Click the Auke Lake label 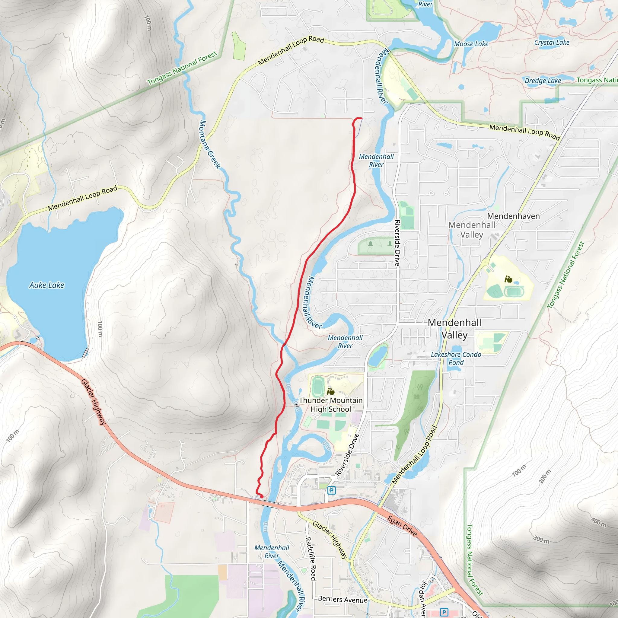[47, 285]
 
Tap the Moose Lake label [471, 44]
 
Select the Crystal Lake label [552, 42]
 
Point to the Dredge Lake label [543, 81]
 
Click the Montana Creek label [210, 144]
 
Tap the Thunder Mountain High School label [331, 405]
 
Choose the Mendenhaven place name [513, 216]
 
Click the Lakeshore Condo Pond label [456, 358]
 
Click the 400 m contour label [598, 522]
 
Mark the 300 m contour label [541, 540]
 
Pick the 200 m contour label [545, 476]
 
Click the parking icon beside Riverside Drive [332, 490]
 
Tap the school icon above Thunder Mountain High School [330, 391]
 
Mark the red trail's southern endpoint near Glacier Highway [262, 496]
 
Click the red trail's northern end [362, 119]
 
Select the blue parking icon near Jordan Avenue [444, 612]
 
